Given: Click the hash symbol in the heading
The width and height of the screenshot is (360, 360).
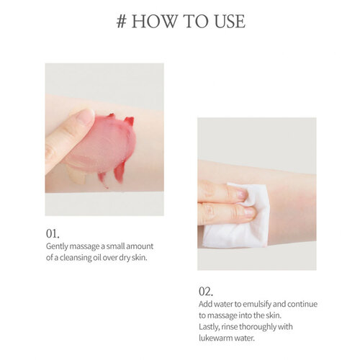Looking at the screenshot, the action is [122, 22].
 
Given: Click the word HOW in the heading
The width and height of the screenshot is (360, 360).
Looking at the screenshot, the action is [154, 21].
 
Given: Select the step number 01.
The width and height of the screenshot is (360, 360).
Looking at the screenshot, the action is [53, 233].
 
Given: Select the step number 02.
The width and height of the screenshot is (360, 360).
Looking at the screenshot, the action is [206, 292].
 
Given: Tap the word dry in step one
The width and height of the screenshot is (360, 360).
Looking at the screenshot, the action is [125, 258].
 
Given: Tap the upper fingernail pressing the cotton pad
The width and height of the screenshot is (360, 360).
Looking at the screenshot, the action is [242, 194].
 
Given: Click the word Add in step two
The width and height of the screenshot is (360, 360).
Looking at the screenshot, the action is [205, 304].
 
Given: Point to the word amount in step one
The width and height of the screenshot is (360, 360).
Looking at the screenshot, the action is [140, 246].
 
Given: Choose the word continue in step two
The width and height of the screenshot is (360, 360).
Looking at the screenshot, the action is [302, 304].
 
